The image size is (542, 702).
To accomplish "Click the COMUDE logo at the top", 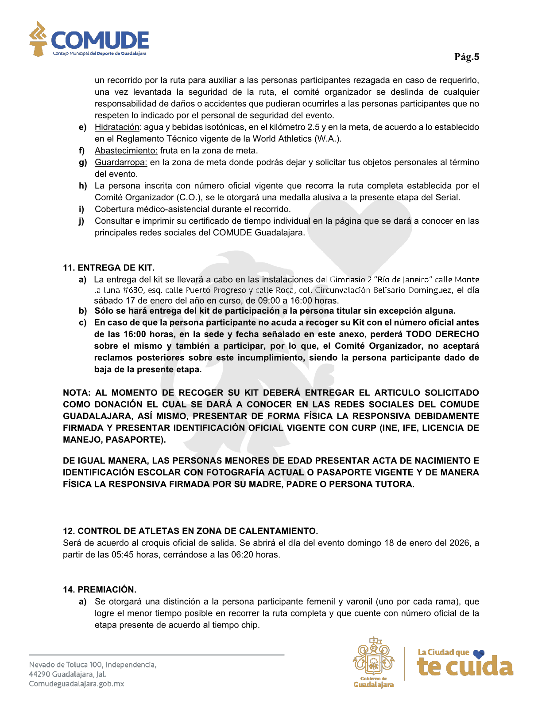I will point(89,40).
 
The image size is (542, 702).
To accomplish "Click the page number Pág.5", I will point(466,57).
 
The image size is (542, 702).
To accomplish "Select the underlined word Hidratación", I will point(117,127).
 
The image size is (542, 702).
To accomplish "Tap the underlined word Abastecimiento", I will point(126,151).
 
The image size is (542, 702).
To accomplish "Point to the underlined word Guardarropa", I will point(120,162).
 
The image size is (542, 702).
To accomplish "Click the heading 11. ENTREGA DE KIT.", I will point(108,268).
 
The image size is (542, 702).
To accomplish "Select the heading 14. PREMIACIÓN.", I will point(100,589).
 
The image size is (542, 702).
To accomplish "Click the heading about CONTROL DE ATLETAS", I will point(190,531).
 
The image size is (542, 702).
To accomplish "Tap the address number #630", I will point(133,290).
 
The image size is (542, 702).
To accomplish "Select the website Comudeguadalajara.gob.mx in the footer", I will point(76,684).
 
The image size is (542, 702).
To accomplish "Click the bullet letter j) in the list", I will point(81,221).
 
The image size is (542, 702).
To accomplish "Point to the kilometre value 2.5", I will point(314,127).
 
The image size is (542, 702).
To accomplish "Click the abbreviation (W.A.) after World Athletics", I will point(328,139).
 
